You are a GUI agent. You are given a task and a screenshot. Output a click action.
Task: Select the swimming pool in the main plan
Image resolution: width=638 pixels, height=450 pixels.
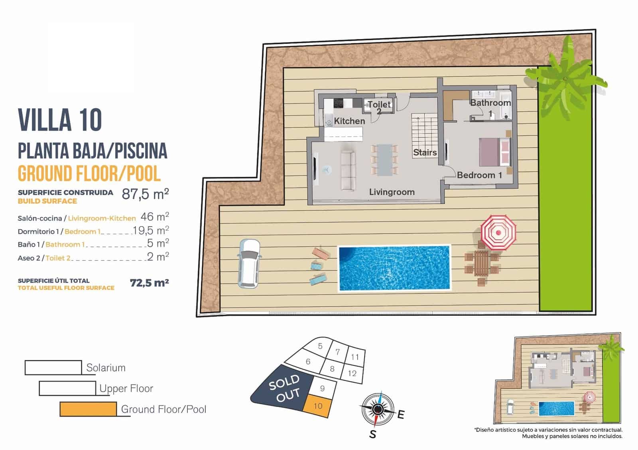(x=394, y=268)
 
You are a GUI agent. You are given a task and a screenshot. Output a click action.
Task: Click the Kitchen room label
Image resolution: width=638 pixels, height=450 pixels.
(x=349, y=121)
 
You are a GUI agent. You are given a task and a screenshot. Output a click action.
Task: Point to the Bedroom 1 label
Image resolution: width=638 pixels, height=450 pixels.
(x=479, y=175)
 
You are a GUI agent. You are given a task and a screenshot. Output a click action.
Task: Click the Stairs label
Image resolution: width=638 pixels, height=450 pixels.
(x=425, y=153)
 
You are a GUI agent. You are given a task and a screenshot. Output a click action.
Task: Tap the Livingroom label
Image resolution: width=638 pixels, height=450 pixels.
(x=392, y=192)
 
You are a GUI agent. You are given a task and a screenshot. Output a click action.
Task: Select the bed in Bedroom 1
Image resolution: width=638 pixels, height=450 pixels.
(x=495, y=152)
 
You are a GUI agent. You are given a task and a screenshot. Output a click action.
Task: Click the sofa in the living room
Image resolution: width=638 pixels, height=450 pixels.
(x=348, y=170)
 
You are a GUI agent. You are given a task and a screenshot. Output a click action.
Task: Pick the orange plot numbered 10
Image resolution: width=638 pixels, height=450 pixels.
(x=318, y=406)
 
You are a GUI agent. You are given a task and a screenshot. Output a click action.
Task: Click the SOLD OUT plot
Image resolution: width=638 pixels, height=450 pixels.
(x=283, y=388)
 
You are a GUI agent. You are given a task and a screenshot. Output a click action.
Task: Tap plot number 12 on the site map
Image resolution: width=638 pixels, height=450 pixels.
(x=352, y=374)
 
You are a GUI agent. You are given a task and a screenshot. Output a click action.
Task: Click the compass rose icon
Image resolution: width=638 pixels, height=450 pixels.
(x=378, y=409)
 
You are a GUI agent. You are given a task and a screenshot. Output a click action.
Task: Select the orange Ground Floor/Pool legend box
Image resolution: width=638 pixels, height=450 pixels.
(x=88, y=409)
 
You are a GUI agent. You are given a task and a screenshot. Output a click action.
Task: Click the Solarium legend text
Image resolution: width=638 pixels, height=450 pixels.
(x=106, y=368)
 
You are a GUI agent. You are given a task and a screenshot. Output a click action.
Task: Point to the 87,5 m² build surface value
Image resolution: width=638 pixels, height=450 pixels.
(x=145, y=194)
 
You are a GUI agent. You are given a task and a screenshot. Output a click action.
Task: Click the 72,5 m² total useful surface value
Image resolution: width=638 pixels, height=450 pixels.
(x=149, y=283)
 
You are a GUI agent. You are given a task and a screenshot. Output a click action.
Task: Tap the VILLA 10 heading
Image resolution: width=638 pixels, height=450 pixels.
(x=60, y=120)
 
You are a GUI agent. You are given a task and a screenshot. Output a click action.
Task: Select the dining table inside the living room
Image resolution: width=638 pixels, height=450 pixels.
(x=384, y=160)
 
